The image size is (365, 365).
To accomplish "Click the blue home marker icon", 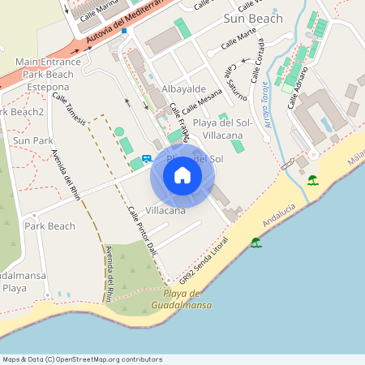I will (182, 175).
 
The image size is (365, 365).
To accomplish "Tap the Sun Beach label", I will (253, 18).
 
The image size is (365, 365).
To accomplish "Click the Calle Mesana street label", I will (202, 104).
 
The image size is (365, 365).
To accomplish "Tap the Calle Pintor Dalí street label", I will (144, 230).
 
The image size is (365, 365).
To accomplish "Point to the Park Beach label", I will (49, 225).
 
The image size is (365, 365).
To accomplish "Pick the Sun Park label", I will (32, 140).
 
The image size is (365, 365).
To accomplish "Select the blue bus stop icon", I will (147, 159).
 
